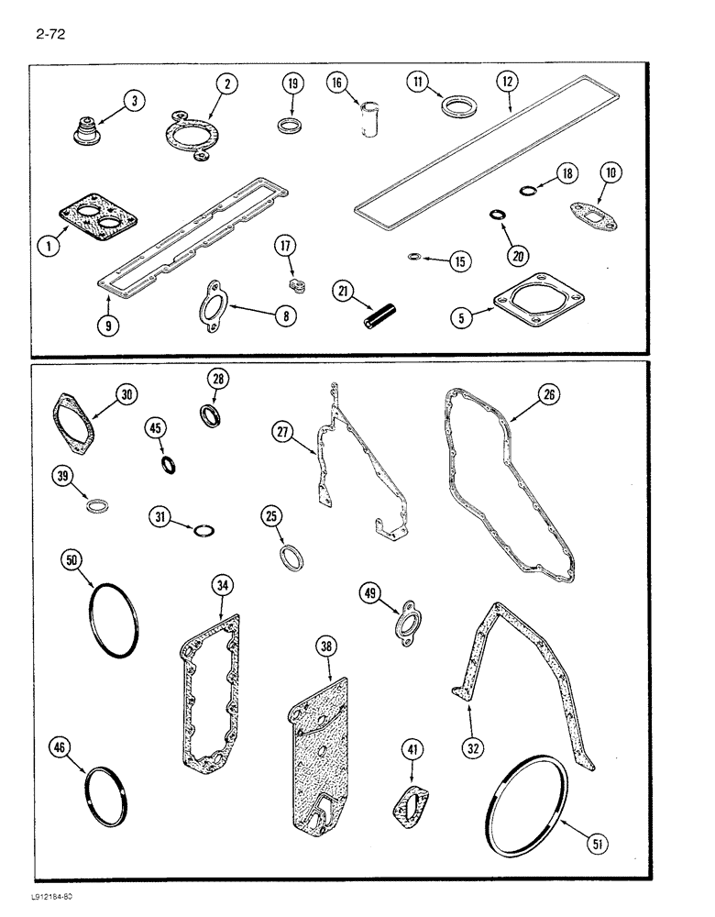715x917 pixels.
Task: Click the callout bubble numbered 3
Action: tap(134, 102)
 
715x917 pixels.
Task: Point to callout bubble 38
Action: tap(325, 648)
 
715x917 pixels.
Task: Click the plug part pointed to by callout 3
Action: tap(88, 133)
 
